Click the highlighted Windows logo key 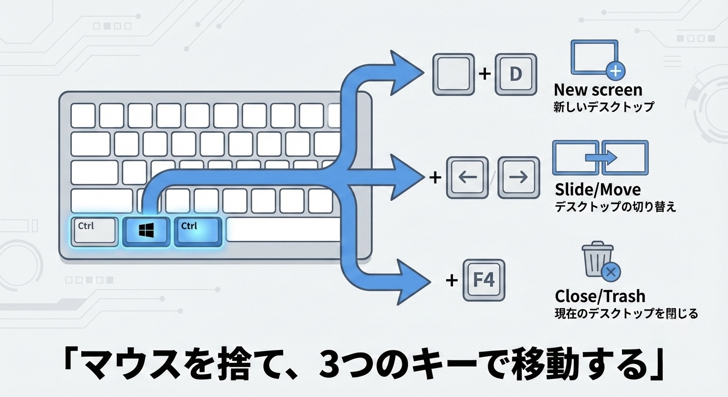pyautogui.click(x=146, y=231)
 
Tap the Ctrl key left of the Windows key pyautogui.click(x=94, y=231)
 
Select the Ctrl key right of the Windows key pyautogui.click(x=198, y=231)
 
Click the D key pyautogui.click(x=516, y=74)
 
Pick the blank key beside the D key pyautogui.click(x=453, y=74)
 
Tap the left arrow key pyautogui.click(x=467, y=177)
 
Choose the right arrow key pyautogui.click(x=518, y=177)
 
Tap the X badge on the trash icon pyautogui.click(x=612, y=271)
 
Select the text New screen pyautogui.click(x=598, y=90)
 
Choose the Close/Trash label pyautogui.click(x=600, y=296)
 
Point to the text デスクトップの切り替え pyautogui.click(x=615, y=207)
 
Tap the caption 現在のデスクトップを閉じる pyautogui.click(x=626, y=313)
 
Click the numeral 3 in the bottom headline pyautogui.click(x=332, y=367)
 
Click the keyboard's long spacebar pyautogui.click(x=283, y=231)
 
